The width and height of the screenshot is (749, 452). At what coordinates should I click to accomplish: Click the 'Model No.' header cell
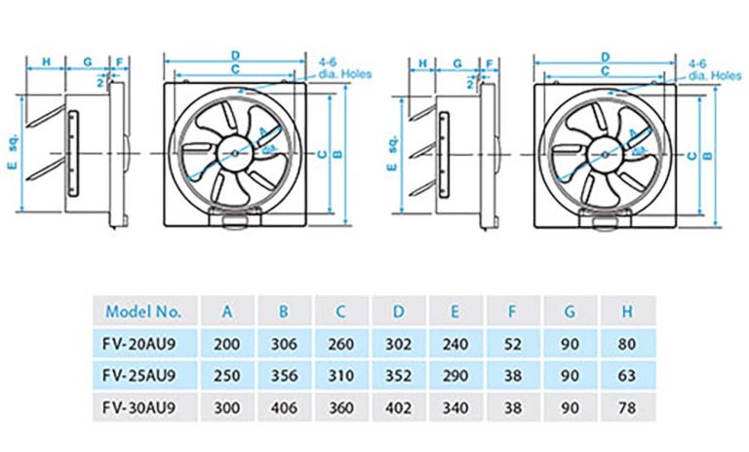tap(143, 312)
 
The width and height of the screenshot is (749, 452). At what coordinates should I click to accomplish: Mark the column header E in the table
tap(456, 312)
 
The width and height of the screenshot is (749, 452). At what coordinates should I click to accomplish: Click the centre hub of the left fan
tap(235, 154)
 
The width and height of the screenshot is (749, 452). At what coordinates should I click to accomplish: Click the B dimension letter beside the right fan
tap(709, 154)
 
